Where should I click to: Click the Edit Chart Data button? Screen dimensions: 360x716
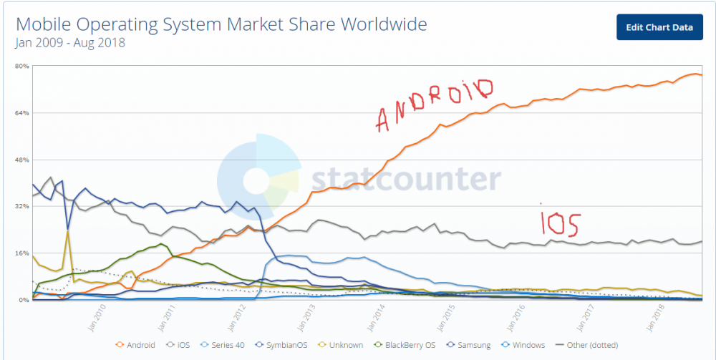click(x=659, y=27)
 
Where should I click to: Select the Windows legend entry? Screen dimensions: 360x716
click(x=526, y=345)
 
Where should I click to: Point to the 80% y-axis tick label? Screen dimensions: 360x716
click(x=21, y=67)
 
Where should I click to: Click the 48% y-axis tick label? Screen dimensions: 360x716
click(x=21, y=160)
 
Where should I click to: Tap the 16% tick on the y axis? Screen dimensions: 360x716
click(x=21, y=253)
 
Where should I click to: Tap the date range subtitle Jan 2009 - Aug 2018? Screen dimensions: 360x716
click(x=70, y=43)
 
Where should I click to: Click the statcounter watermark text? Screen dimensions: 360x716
click(x=405, y=179)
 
